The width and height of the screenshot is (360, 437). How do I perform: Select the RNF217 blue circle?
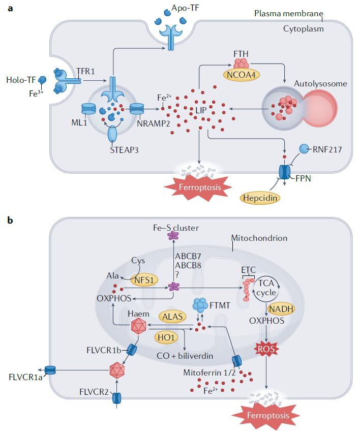(304, 149)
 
